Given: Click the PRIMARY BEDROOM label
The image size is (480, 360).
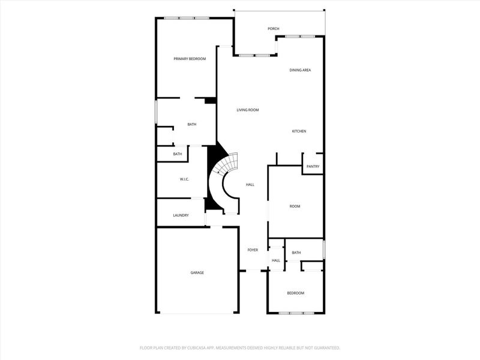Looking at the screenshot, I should coord(190,59).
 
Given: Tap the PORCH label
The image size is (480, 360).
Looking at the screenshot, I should coord(274,29).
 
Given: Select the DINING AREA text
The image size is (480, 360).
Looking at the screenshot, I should coord(300,70).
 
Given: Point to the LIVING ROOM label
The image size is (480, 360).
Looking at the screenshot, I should coord(247,110).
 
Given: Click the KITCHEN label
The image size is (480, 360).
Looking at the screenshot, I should coord(299,131).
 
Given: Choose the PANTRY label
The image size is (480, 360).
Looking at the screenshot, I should coord(313,167).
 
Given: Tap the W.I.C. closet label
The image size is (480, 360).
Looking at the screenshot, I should coord(185,179).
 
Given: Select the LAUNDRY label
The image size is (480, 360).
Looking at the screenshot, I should coord(181,215).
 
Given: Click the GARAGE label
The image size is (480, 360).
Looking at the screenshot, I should coord(197,272).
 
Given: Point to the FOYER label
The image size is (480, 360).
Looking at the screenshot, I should coord(253,250).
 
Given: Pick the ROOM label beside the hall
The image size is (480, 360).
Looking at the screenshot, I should coord(295,206).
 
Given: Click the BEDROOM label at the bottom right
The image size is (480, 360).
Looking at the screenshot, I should coord(295,293).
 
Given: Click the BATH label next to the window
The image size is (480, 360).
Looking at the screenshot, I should coord(192,124).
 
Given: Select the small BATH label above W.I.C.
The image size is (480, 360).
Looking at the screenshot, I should coord(178,154).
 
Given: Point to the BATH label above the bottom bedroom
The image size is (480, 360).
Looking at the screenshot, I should coord(296,253).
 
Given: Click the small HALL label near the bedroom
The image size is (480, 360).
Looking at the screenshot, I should coord(276,260).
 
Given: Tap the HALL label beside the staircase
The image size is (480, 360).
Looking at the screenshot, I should coord(250,185).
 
